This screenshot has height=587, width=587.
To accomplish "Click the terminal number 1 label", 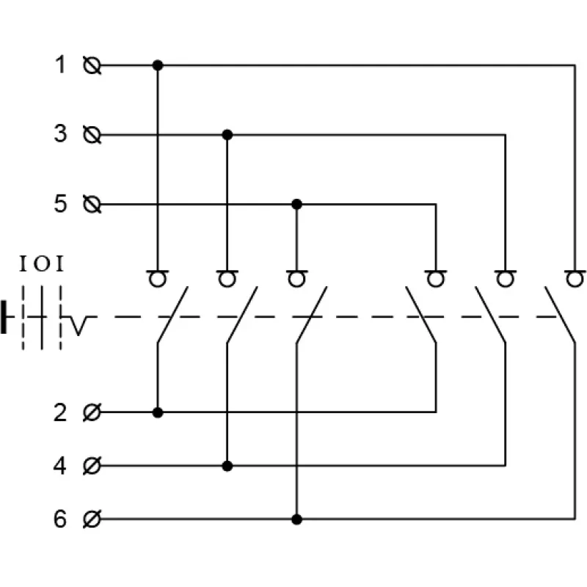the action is tap(61, 65).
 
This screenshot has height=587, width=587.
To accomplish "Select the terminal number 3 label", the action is tap(60, 134).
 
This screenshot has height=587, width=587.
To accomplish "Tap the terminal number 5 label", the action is tap(60, 204).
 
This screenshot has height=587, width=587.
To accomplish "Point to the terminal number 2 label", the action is tap(60, 413).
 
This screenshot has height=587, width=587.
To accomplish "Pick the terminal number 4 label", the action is tap(60, 466).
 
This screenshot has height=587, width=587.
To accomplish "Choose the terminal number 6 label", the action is tap(60, 519).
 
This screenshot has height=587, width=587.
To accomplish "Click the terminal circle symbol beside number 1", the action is tap(92, 65).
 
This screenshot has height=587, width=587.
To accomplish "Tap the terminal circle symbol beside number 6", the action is tap(92, 519).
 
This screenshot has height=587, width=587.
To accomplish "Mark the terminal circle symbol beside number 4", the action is tap(92, 466).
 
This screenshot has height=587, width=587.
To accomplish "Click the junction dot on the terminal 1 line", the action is tap(158, 65).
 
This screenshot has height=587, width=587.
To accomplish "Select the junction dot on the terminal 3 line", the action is tap(227, 135).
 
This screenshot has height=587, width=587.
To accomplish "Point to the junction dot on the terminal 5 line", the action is tap(297, 205).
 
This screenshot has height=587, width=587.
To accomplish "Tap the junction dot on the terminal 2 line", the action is tap(158, 412).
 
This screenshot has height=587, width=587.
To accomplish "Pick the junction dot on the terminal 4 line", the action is tap(227, 466).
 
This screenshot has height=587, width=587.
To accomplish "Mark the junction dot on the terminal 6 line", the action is tap(297, 519).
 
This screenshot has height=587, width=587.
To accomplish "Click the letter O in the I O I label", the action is tap(42, 264).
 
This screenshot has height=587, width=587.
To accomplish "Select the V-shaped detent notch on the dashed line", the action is tap(78, 326).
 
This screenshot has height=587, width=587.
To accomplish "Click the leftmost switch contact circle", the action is tap(158, 280).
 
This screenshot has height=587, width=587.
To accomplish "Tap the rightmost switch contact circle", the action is tap(575, 280).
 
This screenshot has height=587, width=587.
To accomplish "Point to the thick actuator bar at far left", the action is tap(4, 317).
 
